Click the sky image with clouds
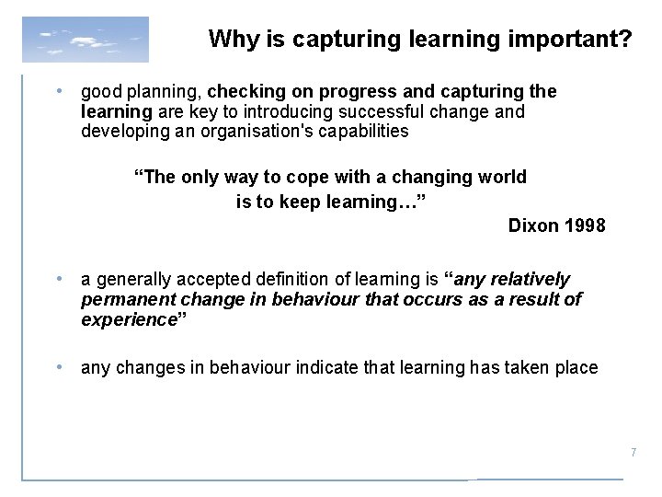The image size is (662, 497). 85,40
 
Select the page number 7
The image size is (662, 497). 633,452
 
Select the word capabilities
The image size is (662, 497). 364,132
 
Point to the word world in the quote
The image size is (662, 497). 502,176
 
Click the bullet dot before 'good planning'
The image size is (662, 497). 59,93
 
